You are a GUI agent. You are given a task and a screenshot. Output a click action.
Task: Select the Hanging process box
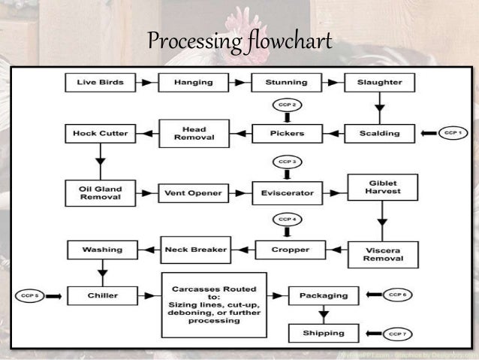(x=193, y=82)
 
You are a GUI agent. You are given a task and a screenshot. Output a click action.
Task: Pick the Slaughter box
(x=379, y=82)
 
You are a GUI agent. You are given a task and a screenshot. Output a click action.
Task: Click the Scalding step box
(x=379, y=134)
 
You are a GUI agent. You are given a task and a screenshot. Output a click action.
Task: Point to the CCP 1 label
(x=450, y=133)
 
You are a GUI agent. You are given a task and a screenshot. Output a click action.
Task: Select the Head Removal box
(x=193, y=133)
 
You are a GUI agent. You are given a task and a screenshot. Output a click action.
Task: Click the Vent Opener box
(x=193, y=193)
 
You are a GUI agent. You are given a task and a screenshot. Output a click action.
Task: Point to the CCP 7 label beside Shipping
(x=397, y=333)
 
